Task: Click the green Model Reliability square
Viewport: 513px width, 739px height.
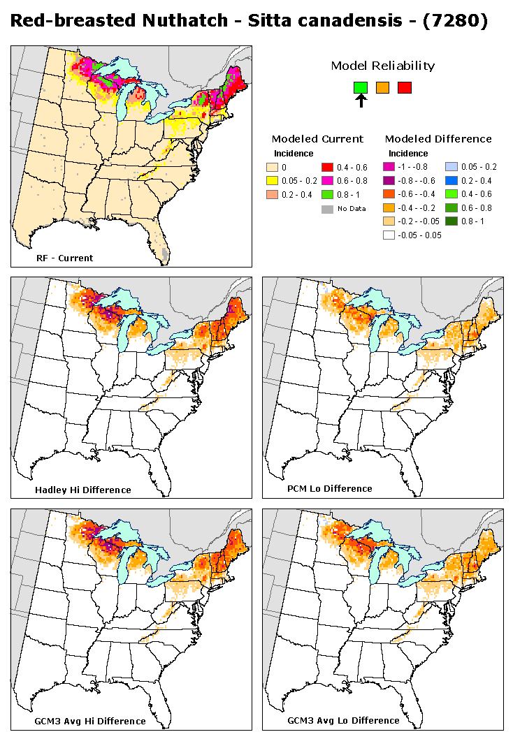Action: (360, 87)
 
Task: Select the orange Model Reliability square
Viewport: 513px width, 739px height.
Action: (382, 87)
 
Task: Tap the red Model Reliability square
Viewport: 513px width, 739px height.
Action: (405, 87)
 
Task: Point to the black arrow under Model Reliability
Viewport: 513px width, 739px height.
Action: (361, 101)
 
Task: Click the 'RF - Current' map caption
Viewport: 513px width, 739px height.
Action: (64, 258)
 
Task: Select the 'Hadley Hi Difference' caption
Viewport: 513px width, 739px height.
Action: (82, 490)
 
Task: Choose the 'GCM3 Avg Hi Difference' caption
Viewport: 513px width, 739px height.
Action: (90, 721)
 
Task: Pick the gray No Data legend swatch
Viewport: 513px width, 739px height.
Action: (326, 208)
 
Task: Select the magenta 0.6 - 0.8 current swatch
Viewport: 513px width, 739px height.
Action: (326, 181)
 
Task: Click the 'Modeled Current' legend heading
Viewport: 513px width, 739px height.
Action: (317, 138)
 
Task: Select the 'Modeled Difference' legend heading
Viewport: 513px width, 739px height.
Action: (438, 138)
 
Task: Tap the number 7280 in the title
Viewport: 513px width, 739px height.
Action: (457, 22)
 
